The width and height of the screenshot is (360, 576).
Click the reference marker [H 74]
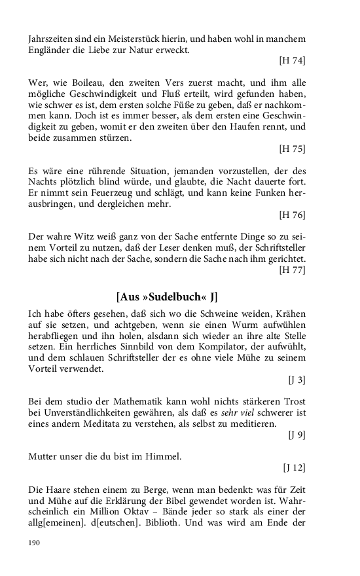coord(292,61)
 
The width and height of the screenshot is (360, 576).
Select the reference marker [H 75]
coord(292,149)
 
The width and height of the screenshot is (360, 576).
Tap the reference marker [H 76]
coord(292,214)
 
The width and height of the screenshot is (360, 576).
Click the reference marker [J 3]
coord(297,379)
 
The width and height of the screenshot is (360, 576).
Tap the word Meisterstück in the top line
coord(136,39)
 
